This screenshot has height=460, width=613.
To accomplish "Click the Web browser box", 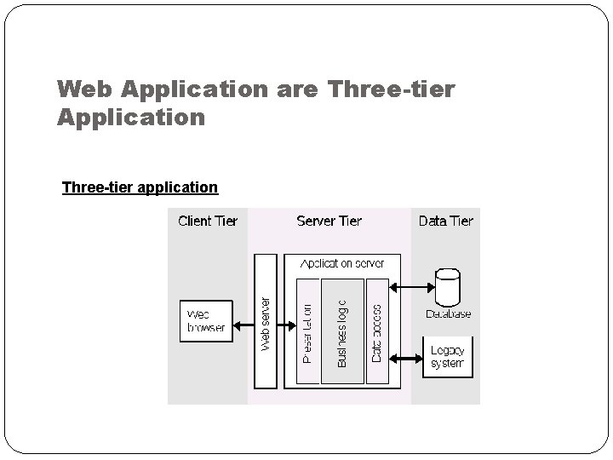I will click(x=206, y=320).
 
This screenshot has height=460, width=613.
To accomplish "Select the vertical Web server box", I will click(x=266, y=320).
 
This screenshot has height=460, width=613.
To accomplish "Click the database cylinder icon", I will click(x=447, y=286).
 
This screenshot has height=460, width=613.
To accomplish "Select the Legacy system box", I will click(x=447, y=357).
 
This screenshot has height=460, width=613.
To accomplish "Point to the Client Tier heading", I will click(x=208, y=221).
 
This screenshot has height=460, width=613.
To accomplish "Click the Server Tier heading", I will click(x=329, y=221).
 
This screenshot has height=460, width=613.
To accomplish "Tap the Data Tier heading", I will click(x=445, y=221).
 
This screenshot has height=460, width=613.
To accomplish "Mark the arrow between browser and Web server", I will click(x=243, y=321).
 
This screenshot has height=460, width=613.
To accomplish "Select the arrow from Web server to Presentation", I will click(x=287, y=321).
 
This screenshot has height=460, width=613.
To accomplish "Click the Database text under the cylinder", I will click(x=448, y=314).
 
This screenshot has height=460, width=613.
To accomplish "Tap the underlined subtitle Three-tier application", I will click(x=140, y=187).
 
